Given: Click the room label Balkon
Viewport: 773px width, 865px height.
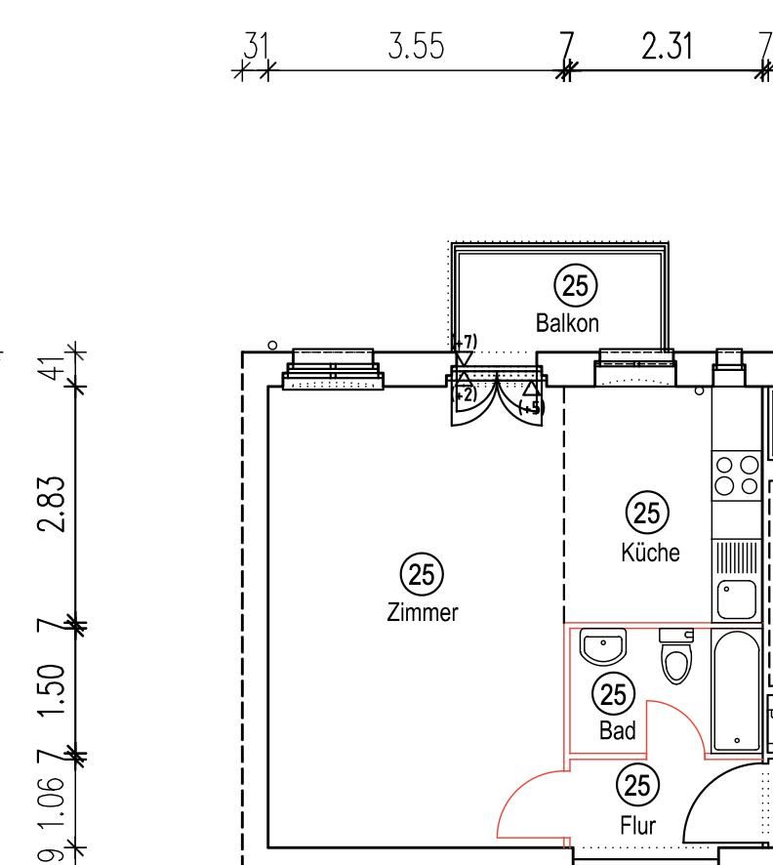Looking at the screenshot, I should [x=567, y=323].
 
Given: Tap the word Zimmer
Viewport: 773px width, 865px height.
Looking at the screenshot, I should [x=422, y=613].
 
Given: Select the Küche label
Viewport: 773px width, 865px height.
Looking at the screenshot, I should [x=649, y=553].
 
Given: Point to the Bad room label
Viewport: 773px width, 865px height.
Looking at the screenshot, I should [x=617, y=730].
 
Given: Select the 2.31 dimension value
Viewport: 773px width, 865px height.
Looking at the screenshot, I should [x=668, y=47].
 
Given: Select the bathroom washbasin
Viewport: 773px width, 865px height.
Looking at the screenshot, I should [x=604, y=645].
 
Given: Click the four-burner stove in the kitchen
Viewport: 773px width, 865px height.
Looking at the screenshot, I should [x=737, y=475].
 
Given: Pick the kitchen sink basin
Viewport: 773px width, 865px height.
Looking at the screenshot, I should [x=736, y=598].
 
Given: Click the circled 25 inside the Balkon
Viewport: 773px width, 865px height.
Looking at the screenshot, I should [x=576, y=286].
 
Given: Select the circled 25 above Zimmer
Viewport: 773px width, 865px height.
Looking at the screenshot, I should [x=422, y=574].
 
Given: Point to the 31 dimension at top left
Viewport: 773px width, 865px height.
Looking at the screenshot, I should [x=256, y=46].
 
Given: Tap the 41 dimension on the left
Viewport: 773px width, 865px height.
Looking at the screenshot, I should [x=59, y=365].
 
